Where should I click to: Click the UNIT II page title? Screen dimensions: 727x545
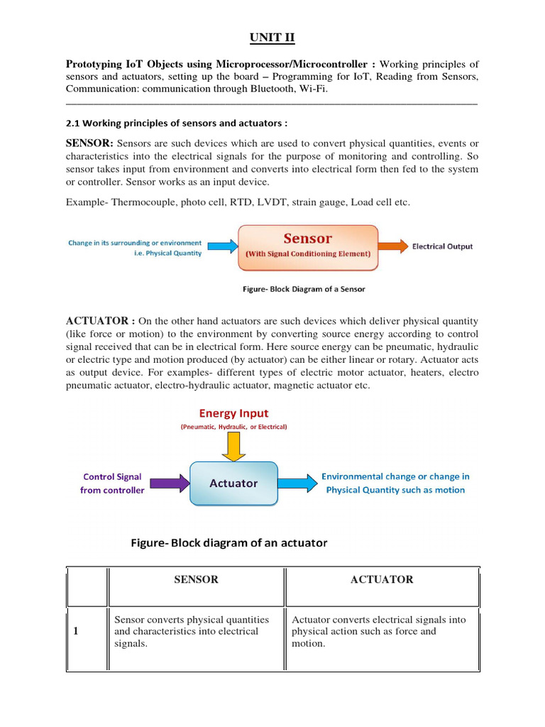272,37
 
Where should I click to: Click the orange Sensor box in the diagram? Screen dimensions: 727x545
307,247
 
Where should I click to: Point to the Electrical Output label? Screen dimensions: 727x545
442,246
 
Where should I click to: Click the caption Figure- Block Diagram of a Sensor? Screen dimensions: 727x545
304,289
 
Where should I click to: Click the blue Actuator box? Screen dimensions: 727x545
233,483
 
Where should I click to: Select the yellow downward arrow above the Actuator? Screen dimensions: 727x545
233,446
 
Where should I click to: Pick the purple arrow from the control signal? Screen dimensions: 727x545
170,483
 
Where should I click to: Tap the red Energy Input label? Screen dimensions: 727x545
233,413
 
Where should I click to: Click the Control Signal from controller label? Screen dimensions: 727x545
112,483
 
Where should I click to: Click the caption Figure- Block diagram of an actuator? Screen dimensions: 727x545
229,543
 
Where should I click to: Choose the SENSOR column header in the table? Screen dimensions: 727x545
196,579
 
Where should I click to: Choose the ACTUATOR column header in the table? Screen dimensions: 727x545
382,579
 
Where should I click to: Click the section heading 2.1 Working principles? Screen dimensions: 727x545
177,122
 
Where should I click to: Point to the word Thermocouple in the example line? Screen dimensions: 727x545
143,202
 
